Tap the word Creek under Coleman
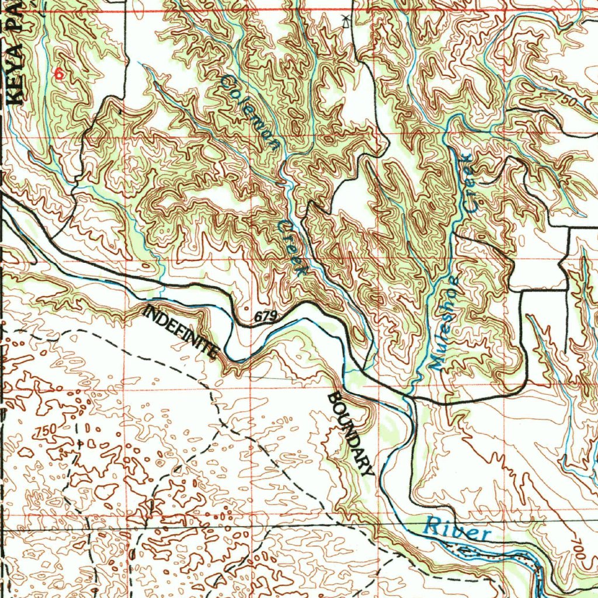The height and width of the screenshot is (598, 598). point(293,248)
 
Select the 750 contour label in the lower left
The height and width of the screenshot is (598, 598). point(46,431)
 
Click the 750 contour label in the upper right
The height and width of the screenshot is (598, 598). point(566,100)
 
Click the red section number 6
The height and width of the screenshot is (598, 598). point(57,74)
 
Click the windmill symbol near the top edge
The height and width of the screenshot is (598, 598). point(346,22)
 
